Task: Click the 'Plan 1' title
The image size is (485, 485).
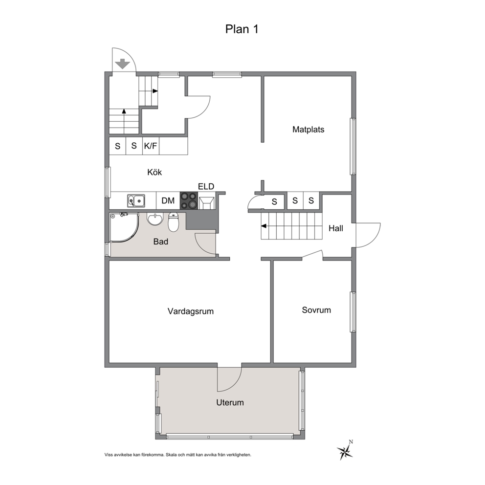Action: click(242, 29)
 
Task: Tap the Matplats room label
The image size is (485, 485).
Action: click(308, 129)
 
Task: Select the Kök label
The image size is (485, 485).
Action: click(154, 172)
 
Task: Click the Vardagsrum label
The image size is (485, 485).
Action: click(191, 311)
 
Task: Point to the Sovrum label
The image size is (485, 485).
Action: click(316, 310)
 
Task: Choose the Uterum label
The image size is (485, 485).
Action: click(230, 402)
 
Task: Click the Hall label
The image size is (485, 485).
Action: click(335, 228)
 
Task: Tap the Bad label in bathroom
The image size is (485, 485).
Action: click(160, 241)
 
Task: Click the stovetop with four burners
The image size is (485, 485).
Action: click(189, 200)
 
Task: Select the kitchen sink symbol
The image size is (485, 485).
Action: click(136, 201)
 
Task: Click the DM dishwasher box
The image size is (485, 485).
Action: click(168, 201)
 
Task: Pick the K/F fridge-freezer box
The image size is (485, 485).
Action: click(151, 146)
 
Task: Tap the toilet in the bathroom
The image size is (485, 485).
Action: click(174, 222)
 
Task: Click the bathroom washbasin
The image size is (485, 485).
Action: click(154, 219)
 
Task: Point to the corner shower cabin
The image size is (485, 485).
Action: click(124, 227)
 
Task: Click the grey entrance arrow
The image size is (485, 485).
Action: click(123, 64)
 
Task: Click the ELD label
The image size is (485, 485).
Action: click(206, 186)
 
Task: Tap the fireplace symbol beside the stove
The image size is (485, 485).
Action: click(206, 202)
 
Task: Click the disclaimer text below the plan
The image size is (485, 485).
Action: click(178, 455)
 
